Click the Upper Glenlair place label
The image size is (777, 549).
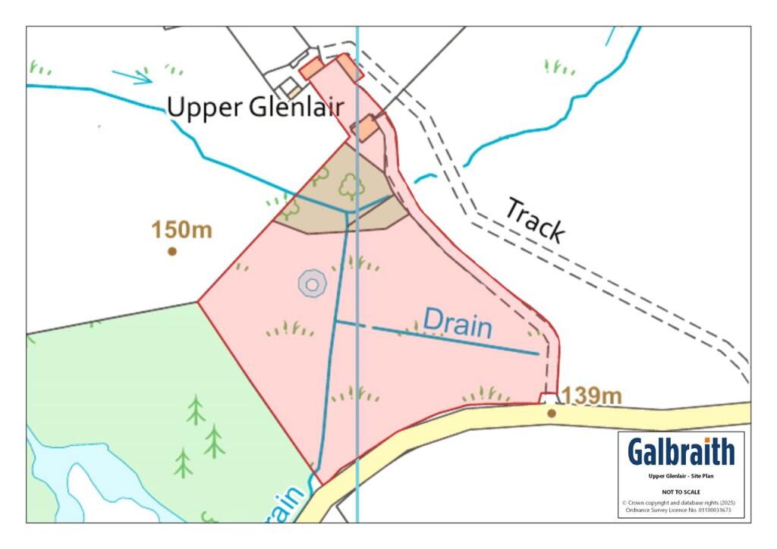point(255,108)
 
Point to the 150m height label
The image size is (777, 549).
point(181,230)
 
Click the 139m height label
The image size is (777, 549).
point(591,395)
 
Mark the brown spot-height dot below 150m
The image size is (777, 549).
point(172,251)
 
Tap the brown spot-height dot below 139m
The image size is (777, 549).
point(552,413)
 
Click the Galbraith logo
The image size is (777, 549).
point(681,451)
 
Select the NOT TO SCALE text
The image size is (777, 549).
point(681,491)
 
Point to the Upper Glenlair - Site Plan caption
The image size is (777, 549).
point(681,476)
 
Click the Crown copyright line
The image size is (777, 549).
point(681,503)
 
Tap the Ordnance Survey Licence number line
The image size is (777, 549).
point(681,510)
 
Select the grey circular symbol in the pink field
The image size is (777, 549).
point(312,283)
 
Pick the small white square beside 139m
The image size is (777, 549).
point(548,398)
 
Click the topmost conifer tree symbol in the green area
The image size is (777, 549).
point(196,409)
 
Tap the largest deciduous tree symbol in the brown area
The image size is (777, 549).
point(351,185)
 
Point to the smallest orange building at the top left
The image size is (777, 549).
point(294,91)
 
